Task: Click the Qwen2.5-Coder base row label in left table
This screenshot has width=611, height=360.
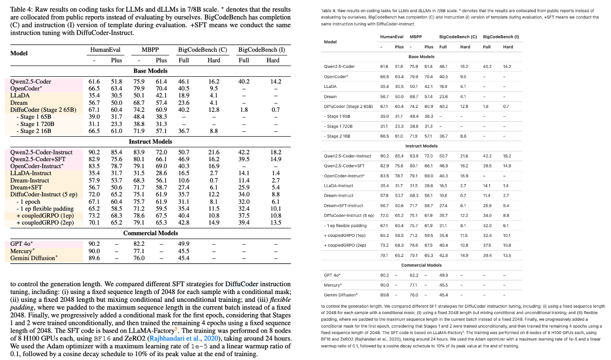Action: [31, 82]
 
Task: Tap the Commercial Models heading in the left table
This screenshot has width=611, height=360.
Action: [150, 233]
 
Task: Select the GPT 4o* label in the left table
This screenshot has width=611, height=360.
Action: [22, 243]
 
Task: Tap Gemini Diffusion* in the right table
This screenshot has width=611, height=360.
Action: [341, 295]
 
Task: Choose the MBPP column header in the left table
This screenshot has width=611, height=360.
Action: [150, 50]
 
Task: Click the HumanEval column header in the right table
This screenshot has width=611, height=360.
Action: [392, 37]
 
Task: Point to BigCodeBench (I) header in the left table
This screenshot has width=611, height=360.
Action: [262, 50]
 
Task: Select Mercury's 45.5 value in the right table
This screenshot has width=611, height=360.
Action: [443, 285]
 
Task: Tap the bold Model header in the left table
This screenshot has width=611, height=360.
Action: [19, 53]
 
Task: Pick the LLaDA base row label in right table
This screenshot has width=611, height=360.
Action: [331, 86]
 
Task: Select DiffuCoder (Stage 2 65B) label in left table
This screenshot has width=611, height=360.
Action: [43, 109]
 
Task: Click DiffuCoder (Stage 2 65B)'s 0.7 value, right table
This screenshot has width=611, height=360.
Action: [506, 106]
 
